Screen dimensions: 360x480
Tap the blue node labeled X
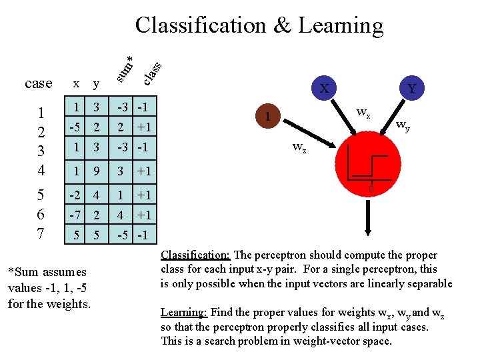[x=323, y=88]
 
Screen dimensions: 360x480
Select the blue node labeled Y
[x=412, y=88]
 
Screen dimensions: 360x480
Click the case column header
[x=38, y=83]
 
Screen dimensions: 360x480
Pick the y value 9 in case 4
[x=97, y=171]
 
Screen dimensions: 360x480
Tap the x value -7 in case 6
[x=76, y=215]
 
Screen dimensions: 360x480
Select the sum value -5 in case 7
[x=123, y=235]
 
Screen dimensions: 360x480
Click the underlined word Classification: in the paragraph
[x=196, y=255]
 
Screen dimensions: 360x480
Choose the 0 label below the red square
[x=373, y=192]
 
